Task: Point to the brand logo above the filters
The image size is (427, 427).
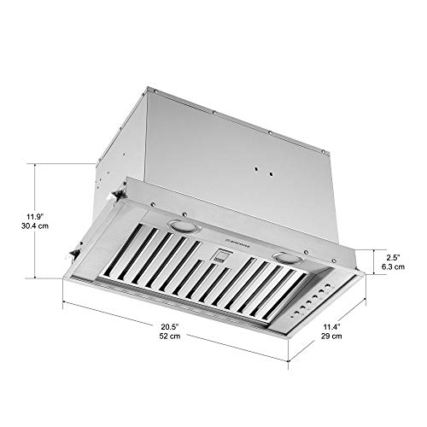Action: [x=234, y=242]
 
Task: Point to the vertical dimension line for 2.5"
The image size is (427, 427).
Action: [x=373, y=260]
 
